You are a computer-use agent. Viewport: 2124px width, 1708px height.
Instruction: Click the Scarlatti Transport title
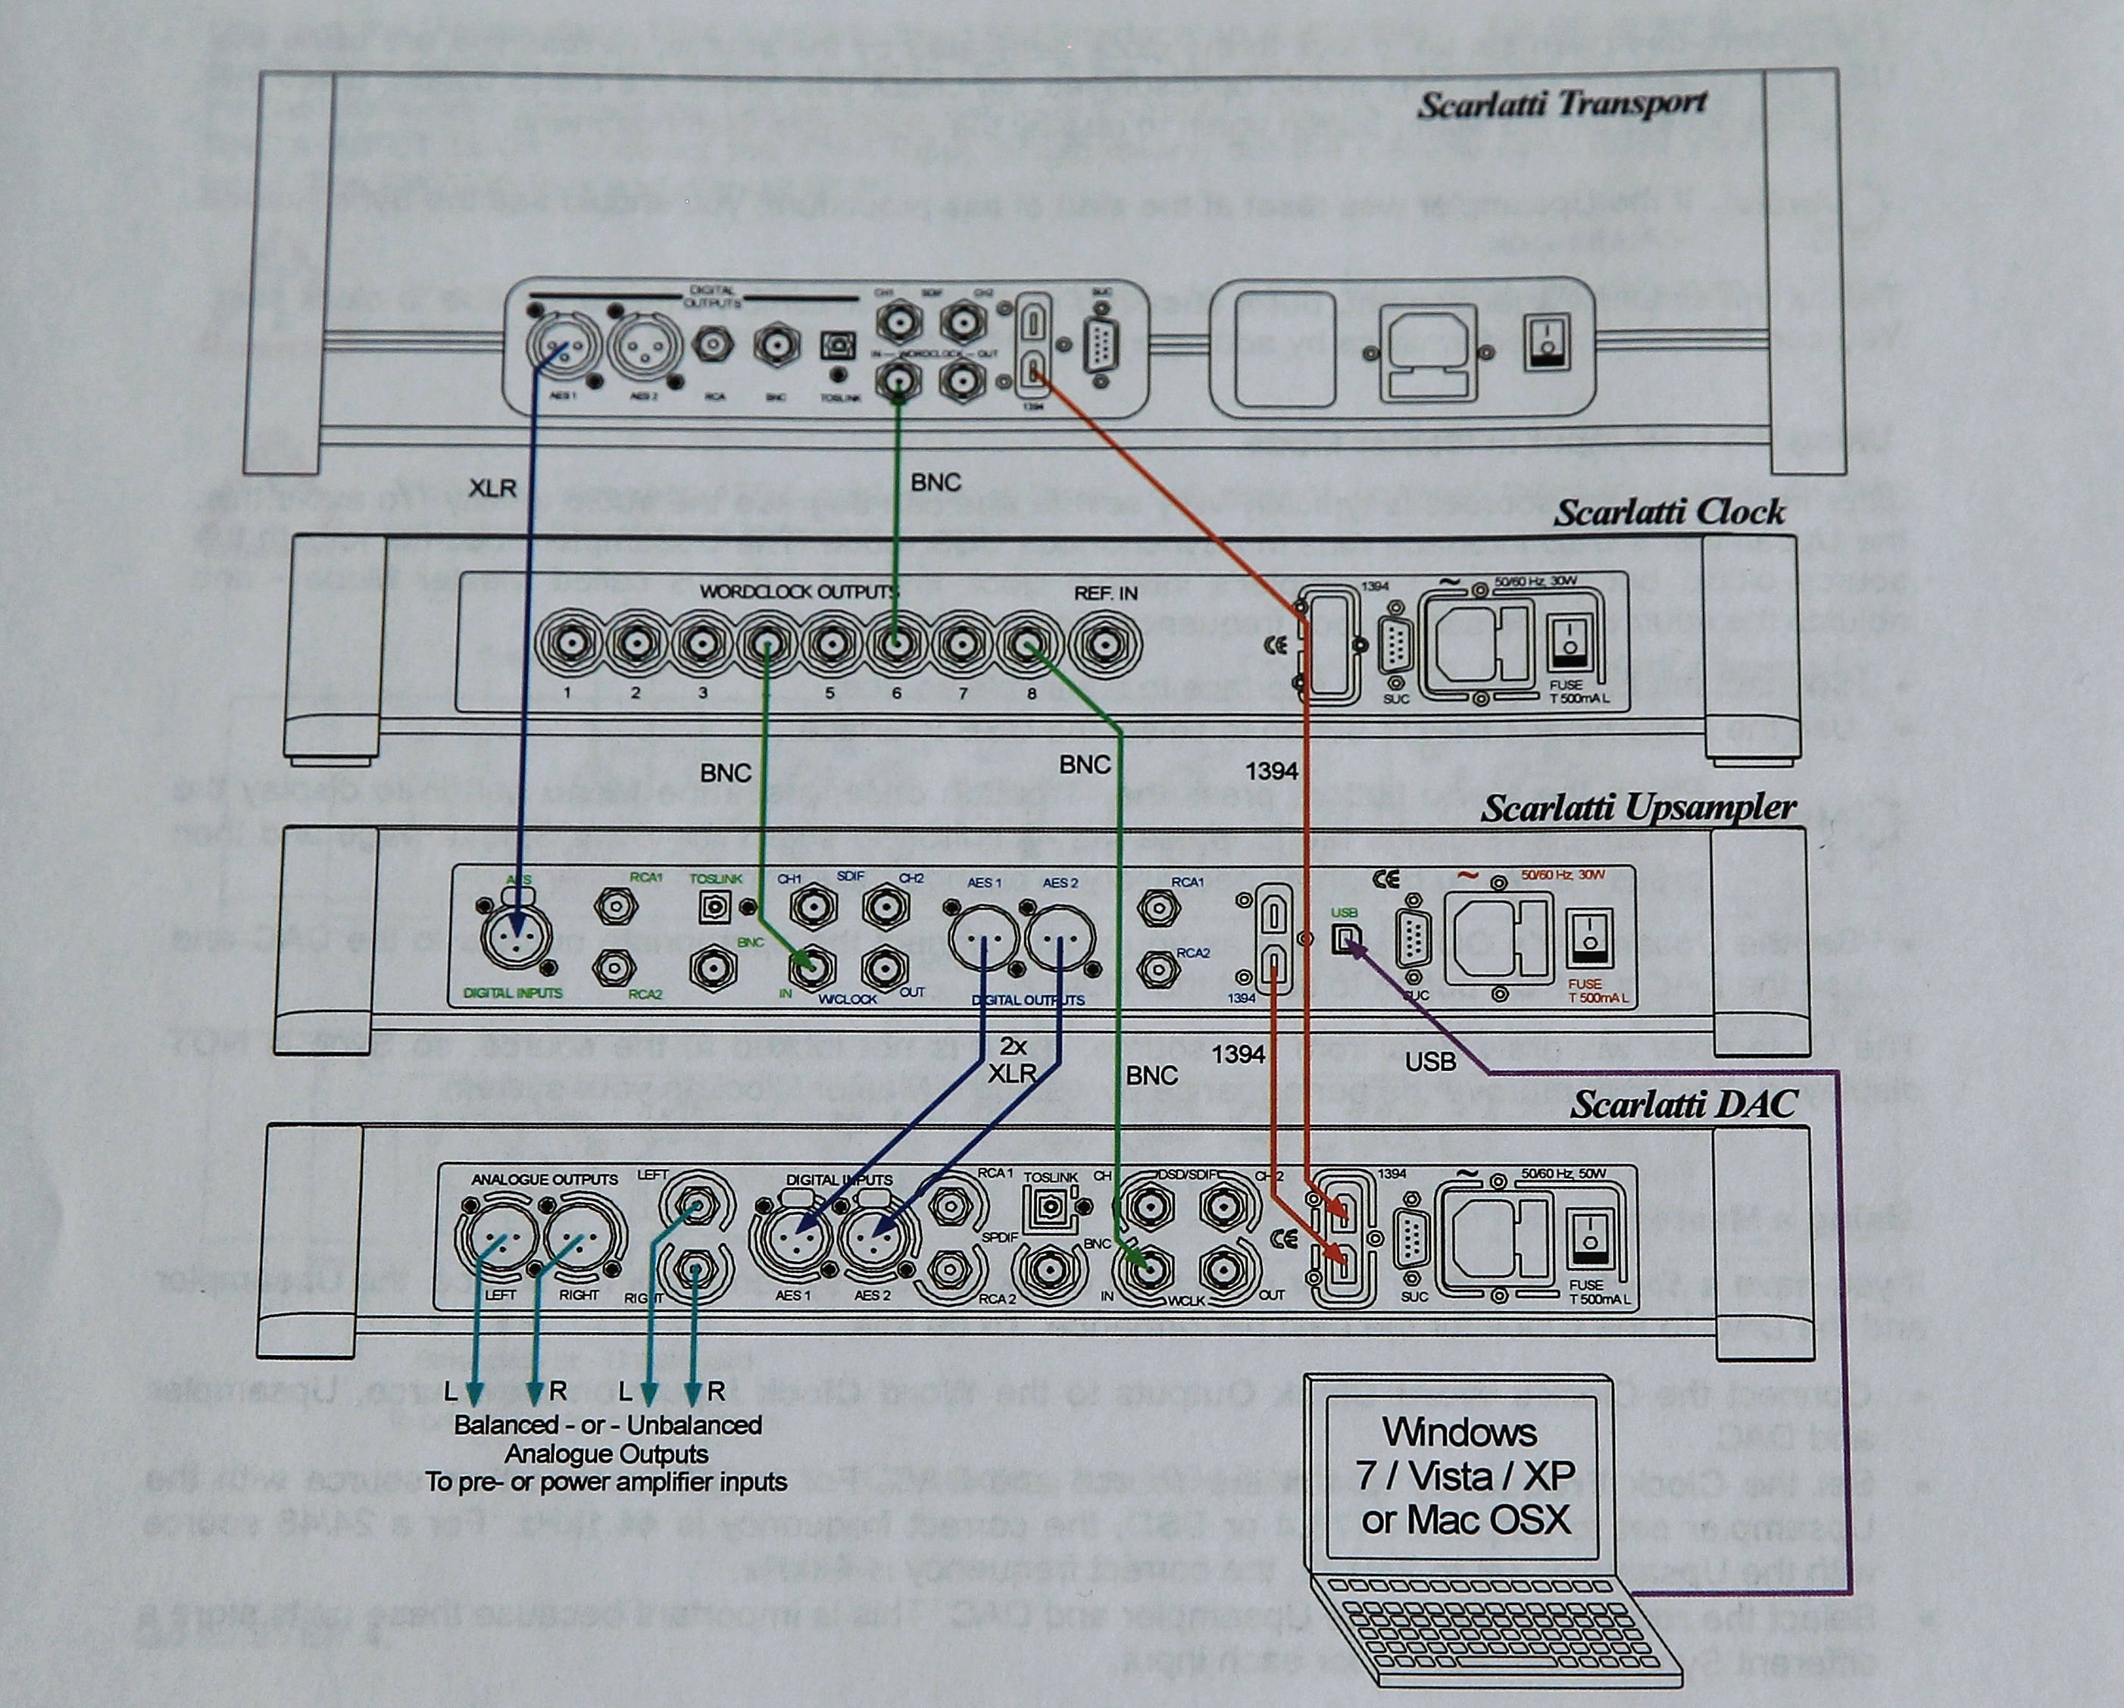tap(1561, 104)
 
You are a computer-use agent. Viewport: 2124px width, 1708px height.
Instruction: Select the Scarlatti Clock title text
tap(1669, 512)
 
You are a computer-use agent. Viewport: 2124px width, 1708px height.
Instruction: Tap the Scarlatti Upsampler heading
tap(1638, 807)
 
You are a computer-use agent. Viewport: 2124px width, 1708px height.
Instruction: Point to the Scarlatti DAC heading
tap(1682, 1104)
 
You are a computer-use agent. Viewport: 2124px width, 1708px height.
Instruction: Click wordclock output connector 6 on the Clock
tap(895, 645)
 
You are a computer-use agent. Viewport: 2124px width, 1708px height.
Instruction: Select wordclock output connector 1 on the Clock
tap(568, 645)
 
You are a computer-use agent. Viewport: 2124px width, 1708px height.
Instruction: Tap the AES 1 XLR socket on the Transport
tap(558, 348)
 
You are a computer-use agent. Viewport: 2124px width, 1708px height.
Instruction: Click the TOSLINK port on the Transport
tap(837, 345)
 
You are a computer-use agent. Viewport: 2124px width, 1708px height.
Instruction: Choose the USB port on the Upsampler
tap(1344, 938)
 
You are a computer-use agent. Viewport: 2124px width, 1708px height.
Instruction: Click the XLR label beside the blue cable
tap(492, 488)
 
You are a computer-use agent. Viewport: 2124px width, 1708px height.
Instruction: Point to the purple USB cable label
tap(1429, 1061)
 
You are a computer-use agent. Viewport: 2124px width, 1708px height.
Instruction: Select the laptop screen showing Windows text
tap(1461, 1475)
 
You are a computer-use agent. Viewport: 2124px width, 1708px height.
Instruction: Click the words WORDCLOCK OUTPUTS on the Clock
tap(798, 592)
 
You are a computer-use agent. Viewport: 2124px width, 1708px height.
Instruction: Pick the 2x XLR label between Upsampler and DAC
tap(1013, 1060)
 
